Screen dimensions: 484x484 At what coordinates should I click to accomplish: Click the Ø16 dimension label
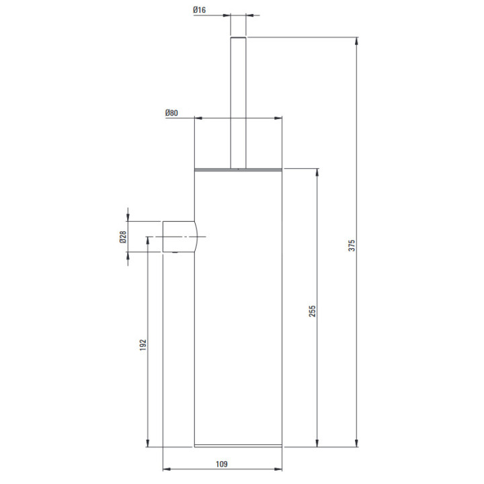coord(200,10)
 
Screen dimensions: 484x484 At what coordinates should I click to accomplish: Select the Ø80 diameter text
coord(171,113)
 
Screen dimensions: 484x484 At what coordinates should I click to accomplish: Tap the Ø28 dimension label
coord(123,237)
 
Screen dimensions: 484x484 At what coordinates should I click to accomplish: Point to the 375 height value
coord(352,245)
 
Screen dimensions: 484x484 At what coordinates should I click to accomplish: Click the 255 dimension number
coord(313,311)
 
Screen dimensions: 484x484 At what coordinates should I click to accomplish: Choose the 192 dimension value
coord(143,345)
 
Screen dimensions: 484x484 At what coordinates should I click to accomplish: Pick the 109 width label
coord(222,464)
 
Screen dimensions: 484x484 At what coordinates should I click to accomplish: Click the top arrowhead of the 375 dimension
coord(357,42)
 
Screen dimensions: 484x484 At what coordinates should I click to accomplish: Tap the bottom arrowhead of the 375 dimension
coord(357,442)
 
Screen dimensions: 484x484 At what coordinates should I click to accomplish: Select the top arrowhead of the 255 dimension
coord(317,173)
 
